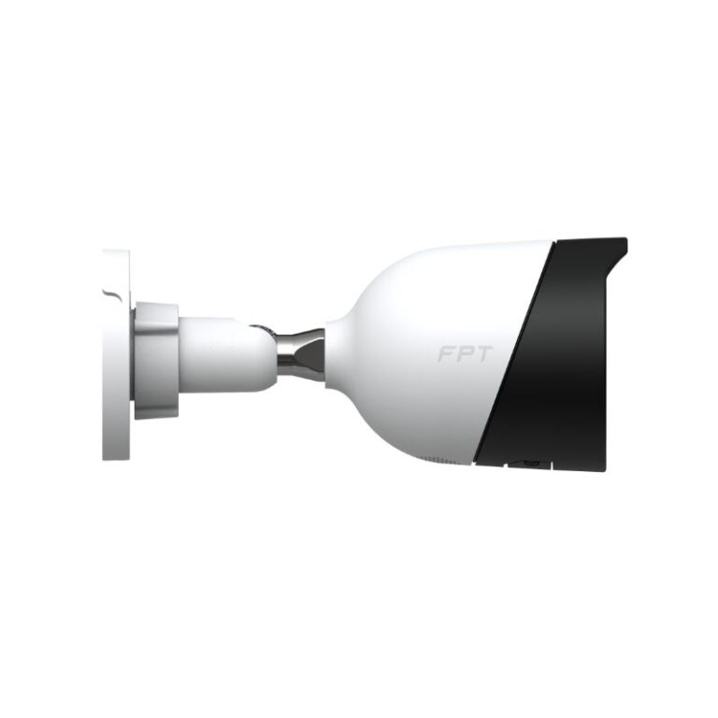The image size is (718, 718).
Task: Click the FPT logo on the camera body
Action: pos(466,353)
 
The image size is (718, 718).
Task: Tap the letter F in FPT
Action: pos(446,353)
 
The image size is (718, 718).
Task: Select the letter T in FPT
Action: pos(484,353)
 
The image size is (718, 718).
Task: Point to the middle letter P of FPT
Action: pos(466,353)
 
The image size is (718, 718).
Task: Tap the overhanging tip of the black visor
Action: pos(624,243)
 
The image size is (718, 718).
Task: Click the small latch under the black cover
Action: pos(530,464)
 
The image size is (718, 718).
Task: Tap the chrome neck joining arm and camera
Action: pos(300,355)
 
